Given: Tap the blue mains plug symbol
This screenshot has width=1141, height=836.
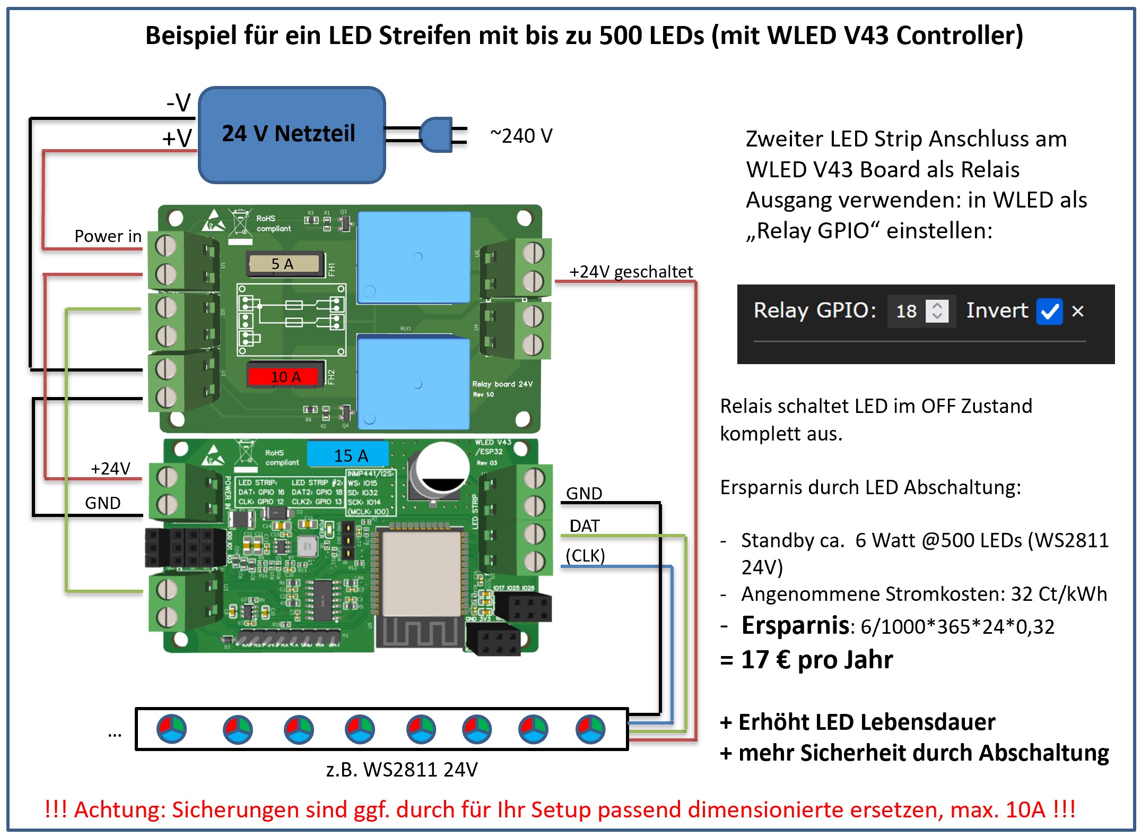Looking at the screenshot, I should tap(436, 135).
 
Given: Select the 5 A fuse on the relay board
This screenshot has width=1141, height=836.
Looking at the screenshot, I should tap(284, 264).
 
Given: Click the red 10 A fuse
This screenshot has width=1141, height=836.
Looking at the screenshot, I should tap(284, 377).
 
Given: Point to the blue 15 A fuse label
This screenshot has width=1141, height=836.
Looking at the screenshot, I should tap(349, 455).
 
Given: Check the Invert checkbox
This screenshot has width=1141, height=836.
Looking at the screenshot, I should tap(1049, 311).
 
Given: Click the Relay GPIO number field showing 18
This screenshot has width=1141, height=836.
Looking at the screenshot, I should tap(907, 311).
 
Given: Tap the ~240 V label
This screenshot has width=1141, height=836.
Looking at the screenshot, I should tap(521, 136).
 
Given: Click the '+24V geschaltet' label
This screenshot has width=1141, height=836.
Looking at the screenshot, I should tap(630, 272).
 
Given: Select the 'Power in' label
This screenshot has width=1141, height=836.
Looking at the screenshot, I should tap(108, 236).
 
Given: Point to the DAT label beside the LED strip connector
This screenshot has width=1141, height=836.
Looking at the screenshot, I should tap(584, 525).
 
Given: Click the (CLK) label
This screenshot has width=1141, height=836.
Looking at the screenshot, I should tap(585, 555).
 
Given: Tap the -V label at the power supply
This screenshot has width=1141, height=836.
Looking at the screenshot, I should tap(178, 102).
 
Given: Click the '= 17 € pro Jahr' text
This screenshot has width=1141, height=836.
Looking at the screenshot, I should tap(806, 660).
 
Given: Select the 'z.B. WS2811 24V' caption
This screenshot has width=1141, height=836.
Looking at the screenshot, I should tap(402, 769).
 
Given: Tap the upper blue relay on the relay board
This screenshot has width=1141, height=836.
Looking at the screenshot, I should tap(414, 257).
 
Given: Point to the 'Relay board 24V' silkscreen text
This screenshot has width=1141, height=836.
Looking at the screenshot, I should tap(502, 384).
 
